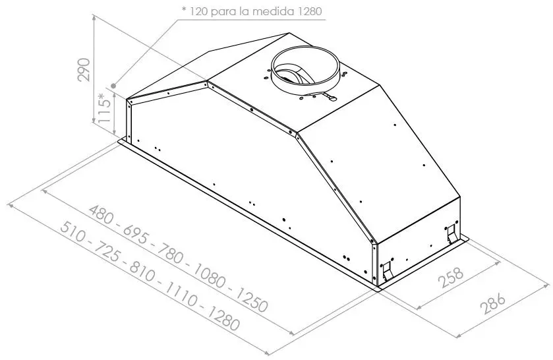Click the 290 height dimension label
tap(84, 69)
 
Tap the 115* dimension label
tap(105, 108)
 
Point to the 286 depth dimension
tap(494, 303)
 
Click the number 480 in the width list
tap(102, 216)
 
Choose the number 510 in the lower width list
tap(73, 232)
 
